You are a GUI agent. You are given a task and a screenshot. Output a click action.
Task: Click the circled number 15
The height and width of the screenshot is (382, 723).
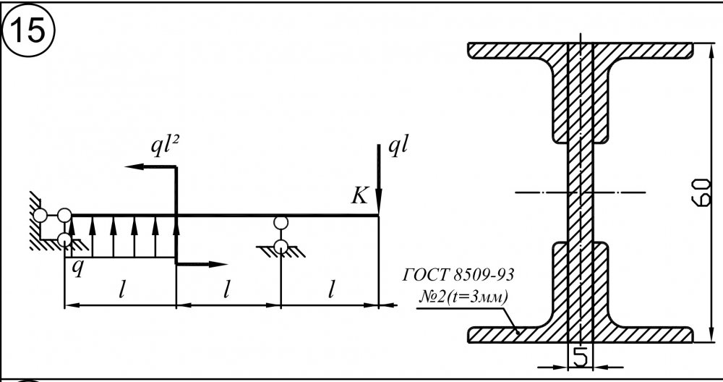coord(29,31)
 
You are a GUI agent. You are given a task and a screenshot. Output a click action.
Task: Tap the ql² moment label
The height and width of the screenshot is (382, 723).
coord(165,146)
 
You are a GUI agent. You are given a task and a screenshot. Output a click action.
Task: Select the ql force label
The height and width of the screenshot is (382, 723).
coord(398,146)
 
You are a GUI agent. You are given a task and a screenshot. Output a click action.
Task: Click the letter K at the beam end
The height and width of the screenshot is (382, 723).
coord(359,197)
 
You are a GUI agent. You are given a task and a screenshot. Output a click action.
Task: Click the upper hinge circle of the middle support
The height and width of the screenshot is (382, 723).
coord(281,223)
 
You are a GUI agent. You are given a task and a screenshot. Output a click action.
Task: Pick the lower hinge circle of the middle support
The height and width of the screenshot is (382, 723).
coord(281,247)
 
